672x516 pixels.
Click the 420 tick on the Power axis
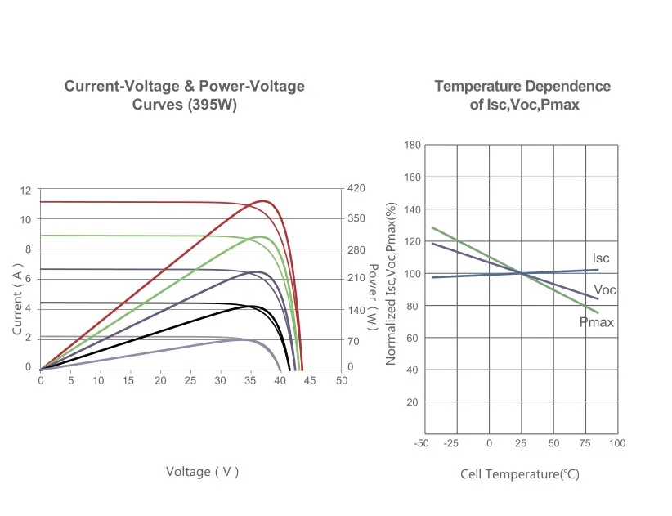pyautogui.click(x=356, y=188)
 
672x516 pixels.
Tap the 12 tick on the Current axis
pyautogui.click(x=25, y=191)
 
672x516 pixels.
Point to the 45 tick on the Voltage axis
pyautogui.click(x=311, y=381)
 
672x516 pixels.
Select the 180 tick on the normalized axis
pyautogui.click(x=412, y=146)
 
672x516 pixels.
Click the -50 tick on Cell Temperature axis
pyautogui.click(x=422, y=443)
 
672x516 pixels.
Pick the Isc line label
pyautogui.click(x=601, y=258)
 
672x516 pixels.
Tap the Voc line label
pyautogui.click(x=605, y=290)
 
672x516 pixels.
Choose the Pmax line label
pyautogui.click(x=596, y=323)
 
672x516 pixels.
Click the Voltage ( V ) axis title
pyautogui.click(x=202, y=472)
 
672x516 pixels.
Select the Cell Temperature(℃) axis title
pyautogui.click(x=519, y=474)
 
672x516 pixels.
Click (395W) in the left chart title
pyautogui.click(x=212, y=105)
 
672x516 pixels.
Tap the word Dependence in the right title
pyautogui.click(x=567, y=86)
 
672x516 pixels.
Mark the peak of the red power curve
pyautogui.click(x=264, y=200)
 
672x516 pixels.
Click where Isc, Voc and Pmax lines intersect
pyautogui.click(x=522, y=273)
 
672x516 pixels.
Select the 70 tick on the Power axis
pyautogui.click(x=352, y=339)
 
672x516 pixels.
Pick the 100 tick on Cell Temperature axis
pyautogui.click(x=617, y=443)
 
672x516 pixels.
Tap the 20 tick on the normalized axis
pyautogui.click(x=412, y=402)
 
